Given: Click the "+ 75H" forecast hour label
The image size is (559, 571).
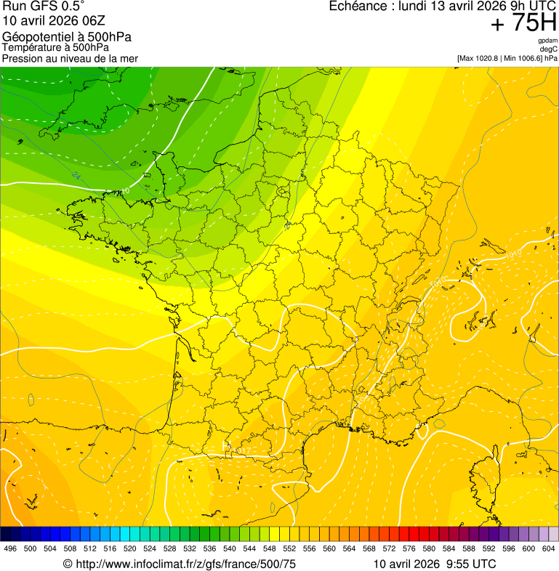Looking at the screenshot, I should click(x=523, y=23).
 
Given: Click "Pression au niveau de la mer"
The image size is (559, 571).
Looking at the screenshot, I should click(x=70, y=58).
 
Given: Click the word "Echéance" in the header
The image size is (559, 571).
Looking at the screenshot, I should click(x=355, y=7).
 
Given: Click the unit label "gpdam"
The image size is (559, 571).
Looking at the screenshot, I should click(x=547, y=41).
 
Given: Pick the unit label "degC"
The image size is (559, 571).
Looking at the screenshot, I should click(x=548, y=49).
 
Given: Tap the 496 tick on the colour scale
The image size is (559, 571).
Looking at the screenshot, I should click(x=10, y=548).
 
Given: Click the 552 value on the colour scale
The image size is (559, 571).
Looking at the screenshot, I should click(x=289, y=548).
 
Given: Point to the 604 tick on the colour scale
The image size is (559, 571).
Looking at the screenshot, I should click(x=549, y=548).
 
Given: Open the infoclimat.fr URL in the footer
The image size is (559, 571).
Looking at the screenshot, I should click(x=185, y=564).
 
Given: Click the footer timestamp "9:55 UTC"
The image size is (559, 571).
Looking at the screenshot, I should click(x=471, y=564).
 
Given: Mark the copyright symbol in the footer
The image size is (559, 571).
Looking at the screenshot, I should click(x=68, y=564).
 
